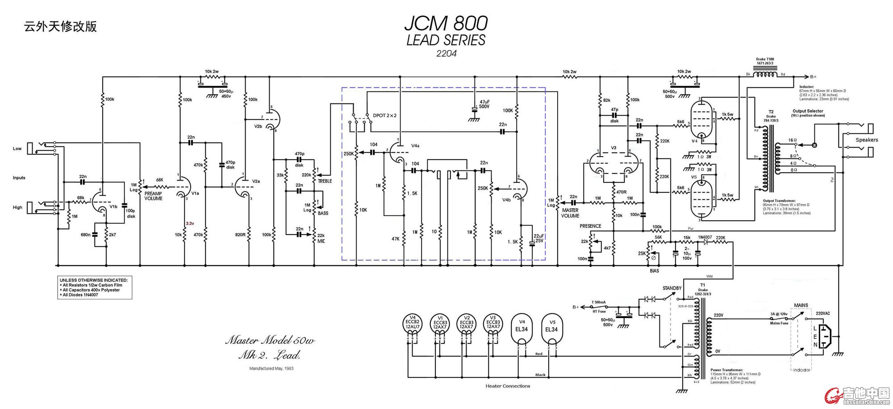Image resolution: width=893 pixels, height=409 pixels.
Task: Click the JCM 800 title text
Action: tap(446, 23)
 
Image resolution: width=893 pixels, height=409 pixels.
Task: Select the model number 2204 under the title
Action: tap(446, 54)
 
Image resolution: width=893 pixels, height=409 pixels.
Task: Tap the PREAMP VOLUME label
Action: tap(153, 196)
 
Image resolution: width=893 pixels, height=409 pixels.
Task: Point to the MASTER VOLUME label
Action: tap(570, 213)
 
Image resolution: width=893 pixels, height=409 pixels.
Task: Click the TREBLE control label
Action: tap(325, 181)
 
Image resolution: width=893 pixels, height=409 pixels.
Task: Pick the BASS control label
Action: tap(323, 213)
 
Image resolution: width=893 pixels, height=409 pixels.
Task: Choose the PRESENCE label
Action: tap(590, 226)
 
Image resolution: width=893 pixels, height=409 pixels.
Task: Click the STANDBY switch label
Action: tap(672, 288)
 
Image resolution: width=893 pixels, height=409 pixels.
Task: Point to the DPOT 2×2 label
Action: tap(384, 116)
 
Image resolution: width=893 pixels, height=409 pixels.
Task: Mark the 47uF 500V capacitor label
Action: tap(484, 104)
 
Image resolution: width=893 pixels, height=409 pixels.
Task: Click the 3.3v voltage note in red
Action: tap(190, 223)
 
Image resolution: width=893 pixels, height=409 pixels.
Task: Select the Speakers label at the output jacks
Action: tap(866, 140)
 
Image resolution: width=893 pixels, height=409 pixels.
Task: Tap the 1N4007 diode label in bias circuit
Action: tap(705, 237)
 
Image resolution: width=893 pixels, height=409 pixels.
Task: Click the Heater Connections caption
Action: tap(508, 386)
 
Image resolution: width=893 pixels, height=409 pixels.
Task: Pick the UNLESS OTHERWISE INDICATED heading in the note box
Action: tap(94, 280)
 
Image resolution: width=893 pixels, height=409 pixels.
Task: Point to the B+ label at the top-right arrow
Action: tap(813, 77)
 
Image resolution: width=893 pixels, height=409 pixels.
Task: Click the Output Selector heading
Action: tap(808, 111)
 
